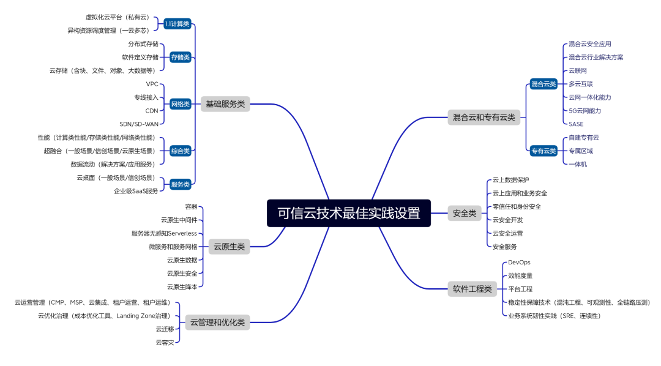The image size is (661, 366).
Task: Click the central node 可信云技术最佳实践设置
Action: [349, 213]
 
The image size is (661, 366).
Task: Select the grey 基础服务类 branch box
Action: [225, 104]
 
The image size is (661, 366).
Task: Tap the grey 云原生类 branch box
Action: [229, 247]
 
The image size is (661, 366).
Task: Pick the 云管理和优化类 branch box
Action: [217, 322]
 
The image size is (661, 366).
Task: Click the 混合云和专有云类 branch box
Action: [484, 117]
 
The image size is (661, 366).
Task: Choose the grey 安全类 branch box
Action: [464, 213]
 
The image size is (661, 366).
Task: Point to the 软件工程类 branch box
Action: [472, 289]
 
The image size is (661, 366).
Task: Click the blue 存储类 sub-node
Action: [181, 58]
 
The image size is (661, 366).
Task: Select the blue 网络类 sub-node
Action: [181, 104]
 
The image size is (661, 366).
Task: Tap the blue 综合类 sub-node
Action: [181, 151]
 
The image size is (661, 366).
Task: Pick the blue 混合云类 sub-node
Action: [543, 84]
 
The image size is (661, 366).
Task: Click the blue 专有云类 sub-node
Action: [543, 151]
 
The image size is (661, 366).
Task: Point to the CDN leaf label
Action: [152, 111]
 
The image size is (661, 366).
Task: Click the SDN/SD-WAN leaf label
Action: [139, 124]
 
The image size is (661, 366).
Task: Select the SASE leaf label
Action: [576, 124]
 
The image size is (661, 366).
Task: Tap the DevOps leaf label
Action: [519, 263]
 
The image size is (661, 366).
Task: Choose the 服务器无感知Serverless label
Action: [164, 233]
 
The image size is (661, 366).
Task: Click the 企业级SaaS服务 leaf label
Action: [136, 191]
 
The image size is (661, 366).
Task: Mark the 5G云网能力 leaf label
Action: [584, 111]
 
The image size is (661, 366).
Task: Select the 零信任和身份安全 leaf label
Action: [517, 206]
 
